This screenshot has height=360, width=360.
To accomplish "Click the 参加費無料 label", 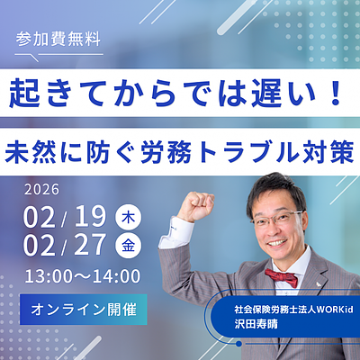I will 58,40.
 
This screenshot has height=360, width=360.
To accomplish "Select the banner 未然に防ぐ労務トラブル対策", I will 180,148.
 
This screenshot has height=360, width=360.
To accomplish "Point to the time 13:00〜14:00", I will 83,275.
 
